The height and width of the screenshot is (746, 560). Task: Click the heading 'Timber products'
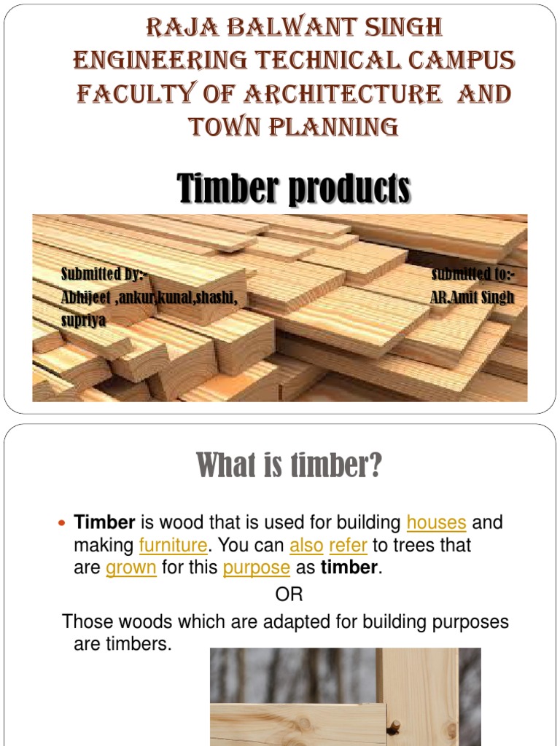[x=294, y=189]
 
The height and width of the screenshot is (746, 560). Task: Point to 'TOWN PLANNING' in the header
[x=294, y=127]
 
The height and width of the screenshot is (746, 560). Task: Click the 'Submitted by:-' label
[x=104, y=274]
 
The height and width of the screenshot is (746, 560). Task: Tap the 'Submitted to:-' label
[x=473, y=274]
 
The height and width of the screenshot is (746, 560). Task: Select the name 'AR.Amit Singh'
[x=472, y=297]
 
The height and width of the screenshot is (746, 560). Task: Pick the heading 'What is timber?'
[x=289, y=466]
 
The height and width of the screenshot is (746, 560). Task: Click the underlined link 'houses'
[x=436, y=522]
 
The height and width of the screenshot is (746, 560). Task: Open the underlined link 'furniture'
[x=173, y=545]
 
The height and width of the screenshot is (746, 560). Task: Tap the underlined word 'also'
[x=306, y=545]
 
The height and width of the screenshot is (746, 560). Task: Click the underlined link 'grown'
[x=131, y=568]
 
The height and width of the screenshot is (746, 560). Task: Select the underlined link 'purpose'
[x=257, y=568]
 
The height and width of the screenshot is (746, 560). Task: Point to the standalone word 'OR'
[x=289, y=594]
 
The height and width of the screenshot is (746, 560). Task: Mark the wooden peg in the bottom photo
[x=394, y=726]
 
